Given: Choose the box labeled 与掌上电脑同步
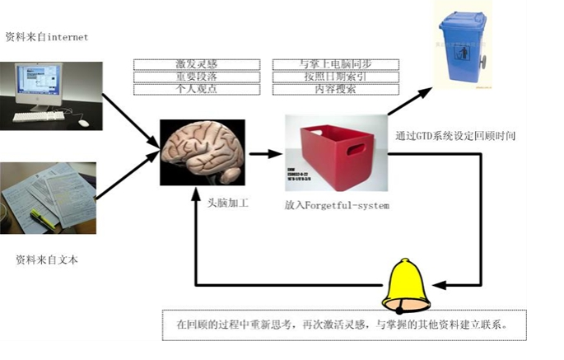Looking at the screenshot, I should [x=329, y=64].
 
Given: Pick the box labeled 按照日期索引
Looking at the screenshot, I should [x=329, y=77].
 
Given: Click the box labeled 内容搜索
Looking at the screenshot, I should [x=329, y=89].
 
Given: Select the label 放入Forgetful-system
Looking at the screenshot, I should [x=337, y=204].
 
